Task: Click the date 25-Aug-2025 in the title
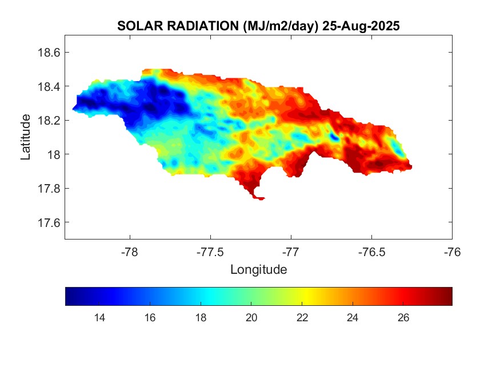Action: point(361,26)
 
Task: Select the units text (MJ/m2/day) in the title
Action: point(280,26)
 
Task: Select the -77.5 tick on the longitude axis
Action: point(210,251)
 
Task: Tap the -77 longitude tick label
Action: point(291,251)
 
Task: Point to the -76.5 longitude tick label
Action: point(371,251)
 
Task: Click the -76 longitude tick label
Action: point(452,251)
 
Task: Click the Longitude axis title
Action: point(258,269)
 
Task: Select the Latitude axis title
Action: point(26,137)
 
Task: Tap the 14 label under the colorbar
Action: point(99,318)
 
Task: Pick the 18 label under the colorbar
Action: point(201,318)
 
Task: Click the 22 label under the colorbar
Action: point(302,318)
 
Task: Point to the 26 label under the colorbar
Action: point(403,318)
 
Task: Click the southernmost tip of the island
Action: point(261,199)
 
